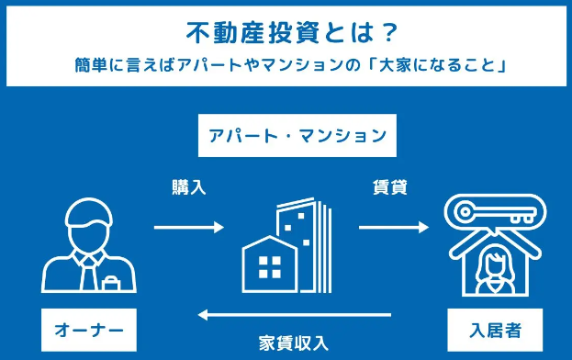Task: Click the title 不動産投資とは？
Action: [285, 32]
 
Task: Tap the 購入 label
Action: [188, 187]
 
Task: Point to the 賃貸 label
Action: [389, 187]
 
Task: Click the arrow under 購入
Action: [188, 227]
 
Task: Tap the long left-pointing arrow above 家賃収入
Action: [295, 316]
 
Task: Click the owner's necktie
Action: [89, 271]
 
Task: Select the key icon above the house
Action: [493, 213]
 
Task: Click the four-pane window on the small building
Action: [269, 266]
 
